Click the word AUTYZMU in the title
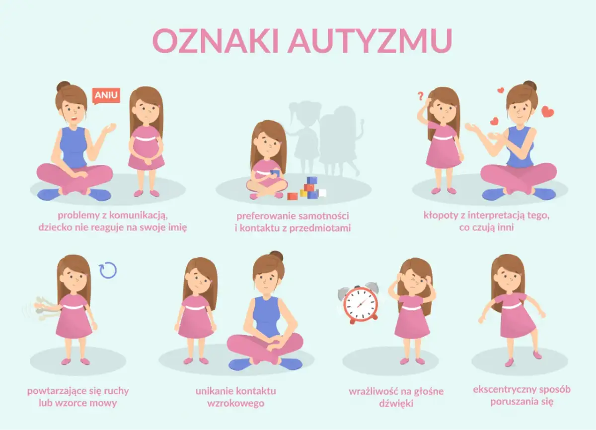point(370,41)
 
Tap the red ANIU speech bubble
point(106,95)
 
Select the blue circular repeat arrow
point(108,270)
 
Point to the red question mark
point(420,95)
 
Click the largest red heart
point(547,112)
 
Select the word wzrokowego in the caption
point(235,403)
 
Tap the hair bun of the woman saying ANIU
point(63,86)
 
